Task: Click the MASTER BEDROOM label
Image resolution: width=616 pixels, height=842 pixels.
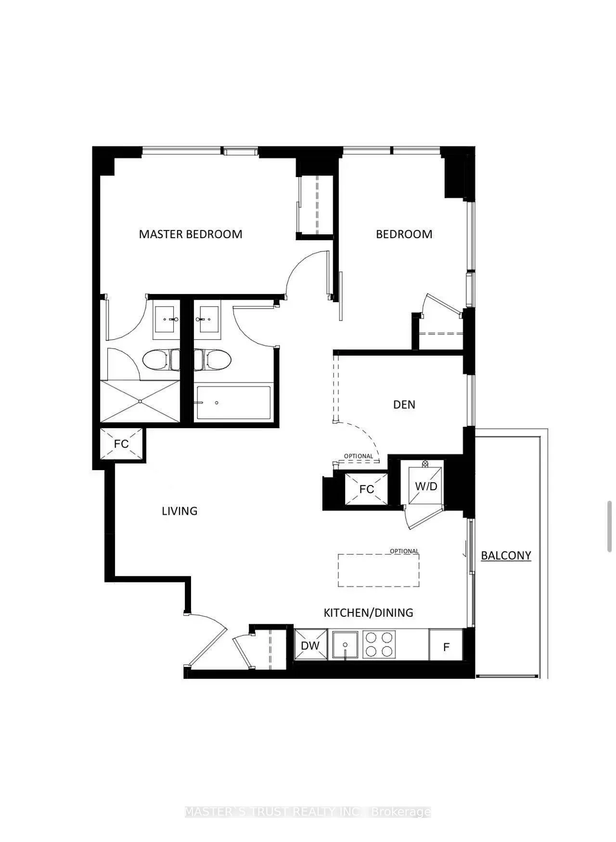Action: coord(191,234)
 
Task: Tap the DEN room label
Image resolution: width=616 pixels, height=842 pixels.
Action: coord(404,405)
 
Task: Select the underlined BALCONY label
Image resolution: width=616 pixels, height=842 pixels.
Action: coord(506,555)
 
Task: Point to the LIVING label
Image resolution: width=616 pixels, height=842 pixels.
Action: coord(180,511)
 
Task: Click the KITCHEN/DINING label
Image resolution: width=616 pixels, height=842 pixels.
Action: coord(368,612)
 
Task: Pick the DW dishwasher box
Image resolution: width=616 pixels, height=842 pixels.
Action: coord(310,645)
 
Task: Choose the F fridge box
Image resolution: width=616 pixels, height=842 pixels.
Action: coord(446,646)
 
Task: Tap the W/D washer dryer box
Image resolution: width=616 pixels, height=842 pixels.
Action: coord(426,486)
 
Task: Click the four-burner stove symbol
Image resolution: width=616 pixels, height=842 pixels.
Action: coord(379,645)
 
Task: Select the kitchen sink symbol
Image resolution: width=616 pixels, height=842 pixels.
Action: coord(345,645)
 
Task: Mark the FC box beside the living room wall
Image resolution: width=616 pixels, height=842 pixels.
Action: coord(121,443)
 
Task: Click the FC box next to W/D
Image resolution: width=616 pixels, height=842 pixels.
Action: coord(366,489)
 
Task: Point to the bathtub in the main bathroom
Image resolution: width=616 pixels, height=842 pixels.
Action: coord(233,402)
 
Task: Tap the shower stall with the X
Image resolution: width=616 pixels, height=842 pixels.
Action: coord(140,402)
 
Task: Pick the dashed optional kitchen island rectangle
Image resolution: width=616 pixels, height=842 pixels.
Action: coord(378,570)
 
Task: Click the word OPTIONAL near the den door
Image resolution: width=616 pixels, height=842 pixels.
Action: coord(359,456)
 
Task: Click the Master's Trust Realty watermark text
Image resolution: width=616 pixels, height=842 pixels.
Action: coord(308,812)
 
